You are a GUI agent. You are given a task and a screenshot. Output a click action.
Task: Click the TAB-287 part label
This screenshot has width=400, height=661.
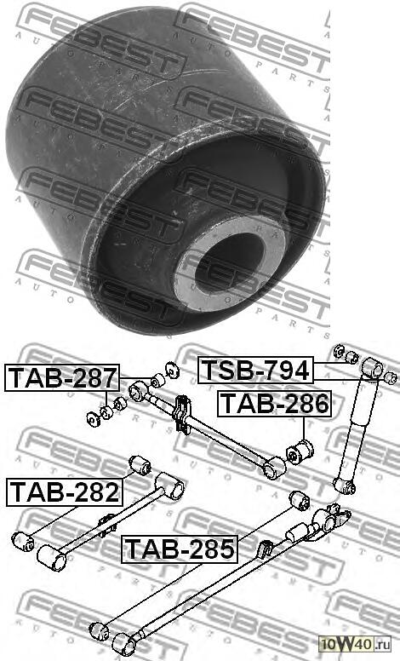(62, 376)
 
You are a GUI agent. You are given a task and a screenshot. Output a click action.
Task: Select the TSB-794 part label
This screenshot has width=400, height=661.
(254, 371)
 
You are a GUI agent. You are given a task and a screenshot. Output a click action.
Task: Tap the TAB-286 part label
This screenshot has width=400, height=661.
(272, 404)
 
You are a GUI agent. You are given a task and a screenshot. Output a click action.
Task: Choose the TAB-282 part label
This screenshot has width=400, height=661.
(64, 491)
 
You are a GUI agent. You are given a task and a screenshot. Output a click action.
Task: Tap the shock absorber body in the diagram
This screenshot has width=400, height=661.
(357, 426)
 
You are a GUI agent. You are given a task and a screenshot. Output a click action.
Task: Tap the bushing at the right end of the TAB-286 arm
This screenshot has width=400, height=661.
(274, 467)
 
